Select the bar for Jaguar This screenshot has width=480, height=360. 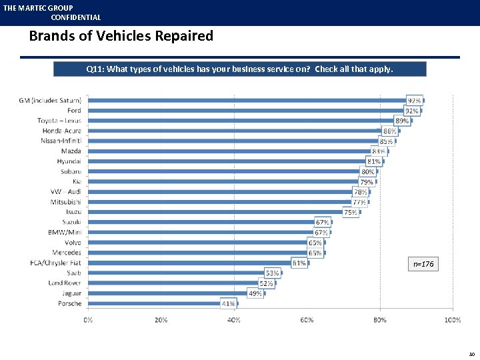[x=177, y=293]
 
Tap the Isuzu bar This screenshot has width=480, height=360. [x=223, y=212]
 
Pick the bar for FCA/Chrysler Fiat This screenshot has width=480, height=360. [x=197, y=263]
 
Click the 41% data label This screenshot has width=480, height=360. [x=229, y=303]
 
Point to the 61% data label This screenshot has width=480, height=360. [x=299, y=263]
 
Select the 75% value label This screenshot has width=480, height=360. [x=350, y=212]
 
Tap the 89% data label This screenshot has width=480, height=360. [x=402, y=121]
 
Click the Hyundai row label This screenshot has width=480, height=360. [x=69, y=161]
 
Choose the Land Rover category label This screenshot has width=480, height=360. [x=65, y=283]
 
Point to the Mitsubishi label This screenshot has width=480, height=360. [x=65, y=202]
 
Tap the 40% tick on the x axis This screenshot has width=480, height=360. [x=234, y=321]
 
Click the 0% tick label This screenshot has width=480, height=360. [x=88, y=321]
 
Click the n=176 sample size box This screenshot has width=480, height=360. [x=423, y=265]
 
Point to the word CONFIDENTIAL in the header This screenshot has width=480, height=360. [x=76, y=17]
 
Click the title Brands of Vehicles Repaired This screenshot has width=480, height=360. [x=121, y=36]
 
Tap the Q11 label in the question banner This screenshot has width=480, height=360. [x=95, y=69]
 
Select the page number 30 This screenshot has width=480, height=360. [x=471, y=354]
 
